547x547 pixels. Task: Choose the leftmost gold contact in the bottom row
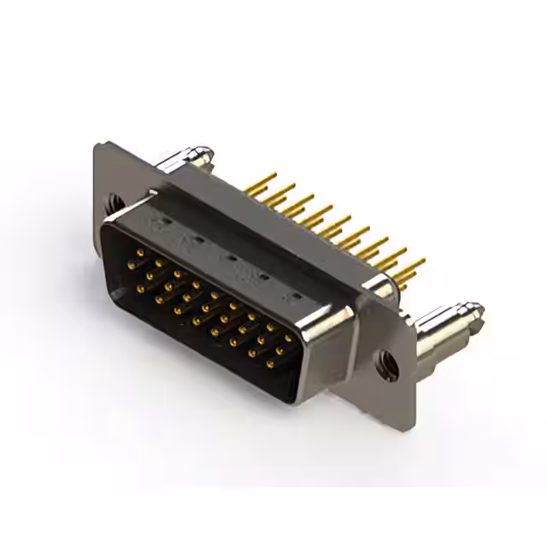[x=140, y=289]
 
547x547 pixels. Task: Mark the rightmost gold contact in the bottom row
[x=270, y=364]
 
